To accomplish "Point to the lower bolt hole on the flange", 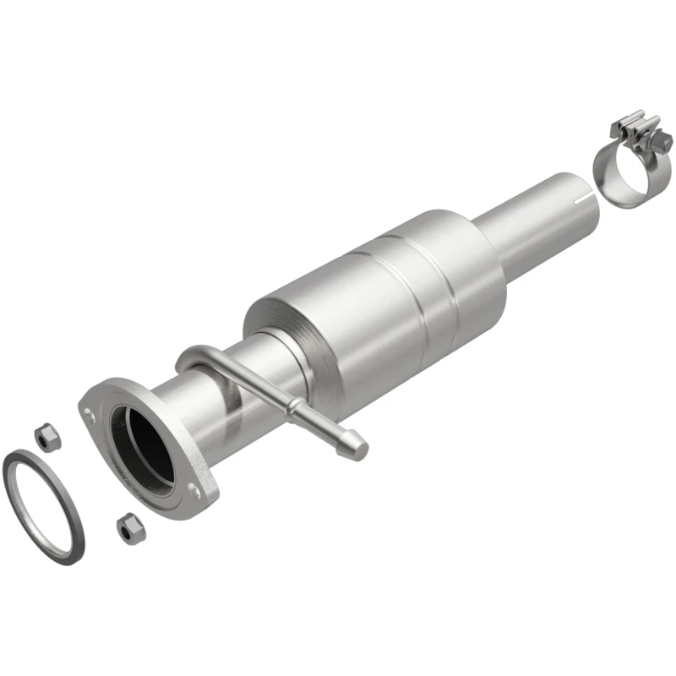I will coord(192,489).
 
